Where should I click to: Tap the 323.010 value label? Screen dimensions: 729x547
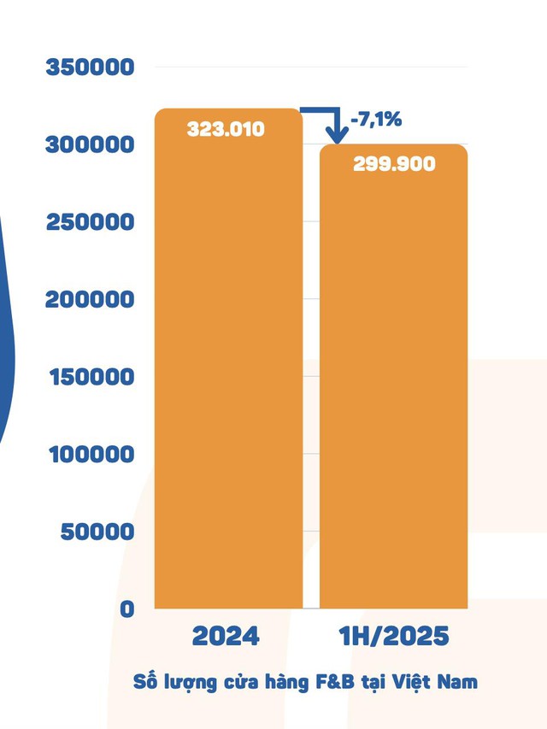(226, 130)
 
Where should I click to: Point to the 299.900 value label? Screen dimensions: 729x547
(394, 164)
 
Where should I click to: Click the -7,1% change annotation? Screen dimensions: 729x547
(376, 120)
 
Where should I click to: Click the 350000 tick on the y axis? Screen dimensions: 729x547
(90, 67)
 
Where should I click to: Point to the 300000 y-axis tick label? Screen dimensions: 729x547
(90, 144)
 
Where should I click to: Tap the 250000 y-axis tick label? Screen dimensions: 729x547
(90, 222)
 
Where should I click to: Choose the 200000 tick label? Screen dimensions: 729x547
(90, 299)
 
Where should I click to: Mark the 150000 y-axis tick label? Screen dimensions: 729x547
(90, 377)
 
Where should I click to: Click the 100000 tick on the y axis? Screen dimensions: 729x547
(90, 454)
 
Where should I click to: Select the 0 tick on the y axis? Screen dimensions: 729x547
(127, 609)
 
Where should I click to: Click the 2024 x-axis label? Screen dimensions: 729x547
(226, 638)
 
